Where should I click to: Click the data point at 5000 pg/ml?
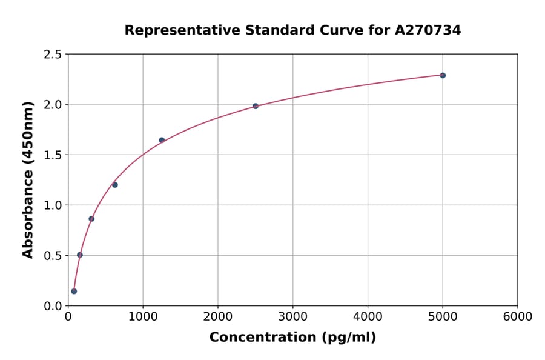(x=443, y=75)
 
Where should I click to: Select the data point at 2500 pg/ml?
(x=256, y=106)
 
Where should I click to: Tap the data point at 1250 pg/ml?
(x=162, y=140)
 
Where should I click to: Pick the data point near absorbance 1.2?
(x=115, y=185)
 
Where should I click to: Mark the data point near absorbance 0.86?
(x=91, y=219)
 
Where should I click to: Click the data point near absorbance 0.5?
(x=80, y=255)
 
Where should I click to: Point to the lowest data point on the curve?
(x=74, y=291)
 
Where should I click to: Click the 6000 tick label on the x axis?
(x=518, y=317)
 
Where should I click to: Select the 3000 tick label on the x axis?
(x=293, y=317)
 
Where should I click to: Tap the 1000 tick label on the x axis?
(x=143, y=317)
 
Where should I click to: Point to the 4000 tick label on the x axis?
(x=368, y=317)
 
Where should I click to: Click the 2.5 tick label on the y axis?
(x=53, y=55)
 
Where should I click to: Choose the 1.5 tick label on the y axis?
(x=53, y=155)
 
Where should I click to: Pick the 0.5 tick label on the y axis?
(x=53, y=256)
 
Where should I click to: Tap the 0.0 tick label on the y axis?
(x=53, y=306)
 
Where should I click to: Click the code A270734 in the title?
(x=428, y=30)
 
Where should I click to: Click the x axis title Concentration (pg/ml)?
(x=292, y=338)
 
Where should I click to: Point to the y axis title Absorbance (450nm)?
(x=28, y=179)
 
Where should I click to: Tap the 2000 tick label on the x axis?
(x=218, y=317)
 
